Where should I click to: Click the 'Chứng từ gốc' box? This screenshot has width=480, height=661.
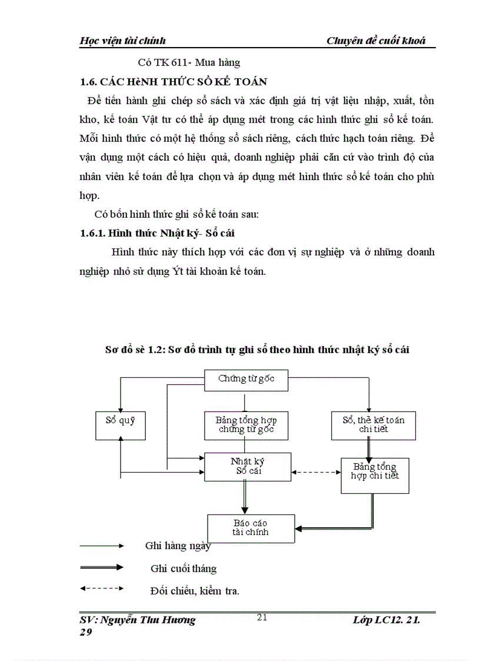point(246,379)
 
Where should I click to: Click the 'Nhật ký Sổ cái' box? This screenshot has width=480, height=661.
point(247,466)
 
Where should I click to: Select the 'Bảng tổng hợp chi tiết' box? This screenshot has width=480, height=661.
point(375,474)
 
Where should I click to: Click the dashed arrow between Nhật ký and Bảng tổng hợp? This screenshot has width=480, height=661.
point(316,471)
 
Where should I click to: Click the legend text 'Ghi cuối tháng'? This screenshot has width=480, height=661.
point(184,569)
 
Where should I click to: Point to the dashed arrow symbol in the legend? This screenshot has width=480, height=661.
point(101,588)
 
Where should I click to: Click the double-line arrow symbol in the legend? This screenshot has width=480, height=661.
point(101,567)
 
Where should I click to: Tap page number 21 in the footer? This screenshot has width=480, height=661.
point(262,617)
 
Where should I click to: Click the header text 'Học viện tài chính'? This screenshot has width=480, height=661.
point(122,41)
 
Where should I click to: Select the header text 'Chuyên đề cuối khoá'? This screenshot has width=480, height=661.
point(376,41)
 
